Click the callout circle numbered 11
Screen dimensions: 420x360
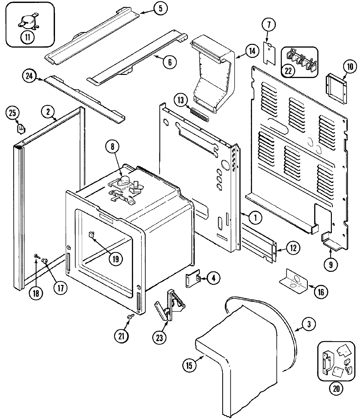tap(27, 37)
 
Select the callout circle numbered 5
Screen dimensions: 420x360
tap(160, 8)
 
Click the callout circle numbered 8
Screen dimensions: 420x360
tap(113, 147)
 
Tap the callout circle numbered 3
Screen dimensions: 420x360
tap(309, 324)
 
